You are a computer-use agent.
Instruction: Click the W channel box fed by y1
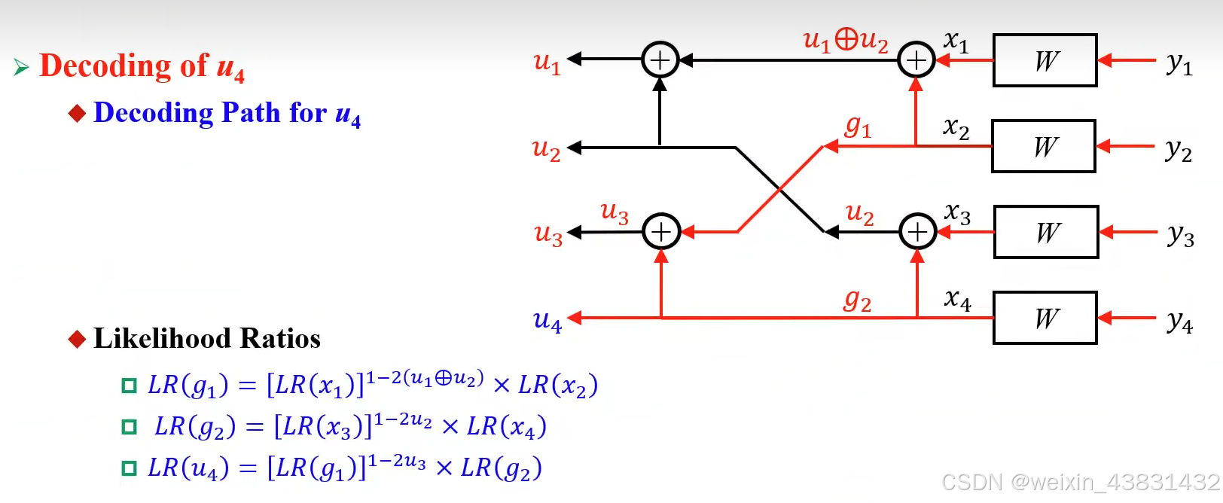coord(1045,60)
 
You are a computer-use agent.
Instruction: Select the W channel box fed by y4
coord(1045,318)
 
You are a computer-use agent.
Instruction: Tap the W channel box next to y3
coord(1046,232)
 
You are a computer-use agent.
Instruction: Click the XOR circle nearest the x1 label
coord(916,60)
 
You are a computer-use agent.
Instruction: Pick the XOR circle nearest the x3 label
coord(917,232)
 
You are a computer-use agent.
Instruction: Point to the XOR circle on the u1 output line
coord(660,60)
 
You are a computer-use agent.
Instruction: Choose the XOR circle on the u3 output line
coord(661,232)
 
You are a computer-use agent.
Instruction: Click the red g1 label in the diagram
coord(858,126)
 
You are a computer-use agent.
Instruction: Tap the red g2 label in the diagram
coord(857,300)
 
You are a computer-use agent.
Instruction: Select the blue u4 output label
coord(547,322)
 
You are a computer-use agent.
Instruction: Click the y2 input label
coord(1179,150)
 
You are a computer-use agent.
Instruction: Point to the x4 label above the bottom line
coord(957,300)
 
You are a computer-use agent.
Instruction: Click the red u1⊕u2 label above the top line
coord(846,40)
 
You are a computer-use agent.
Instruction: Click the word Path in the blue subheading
coord(251,113)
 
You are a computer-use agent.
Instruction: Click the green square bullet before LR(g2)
coord(130,427)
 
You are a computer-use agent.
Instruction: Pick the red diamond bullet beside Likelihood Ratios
coord(77,339)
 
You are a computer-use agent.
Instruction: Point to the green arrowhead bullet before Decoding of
coord(21,68)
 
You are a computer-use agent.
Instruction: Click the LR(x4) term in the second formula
coord(506,427)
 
